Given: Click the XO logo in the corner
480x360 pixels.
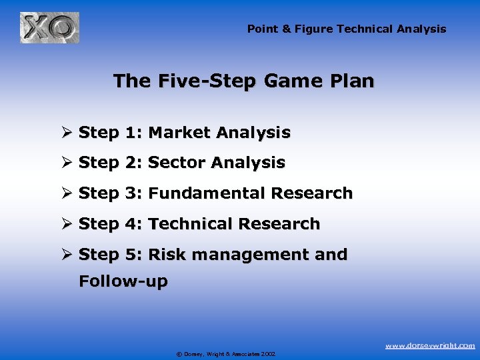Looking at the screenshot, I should [x=49, y=28].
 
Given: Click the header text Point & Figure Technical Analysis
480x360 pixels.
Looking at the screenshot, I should [x=347, y=29].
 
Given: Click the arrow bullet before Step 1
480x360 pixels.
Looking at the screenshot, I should [x=67, y=133].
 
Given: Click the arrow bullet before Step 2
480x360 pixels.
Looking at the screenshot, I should [x=67, y=163].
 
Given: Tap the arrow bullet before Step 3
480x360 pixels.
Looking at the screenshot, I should [x=67, y=193].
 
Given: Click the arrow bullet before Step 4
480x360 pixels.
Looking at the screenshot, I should [x=67, y=224].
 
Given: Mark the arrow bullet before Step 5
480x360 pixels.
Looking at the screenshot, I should [x=67, y=255].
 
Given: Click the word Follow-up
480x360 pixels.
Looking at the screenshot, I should [x=123, y=281].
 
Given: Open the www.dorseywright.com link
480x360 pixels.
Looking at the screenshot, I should [x=431, y=345].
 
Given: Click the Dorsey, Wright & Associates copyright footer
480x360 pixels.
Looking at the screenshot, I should [x=226, y=354].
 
